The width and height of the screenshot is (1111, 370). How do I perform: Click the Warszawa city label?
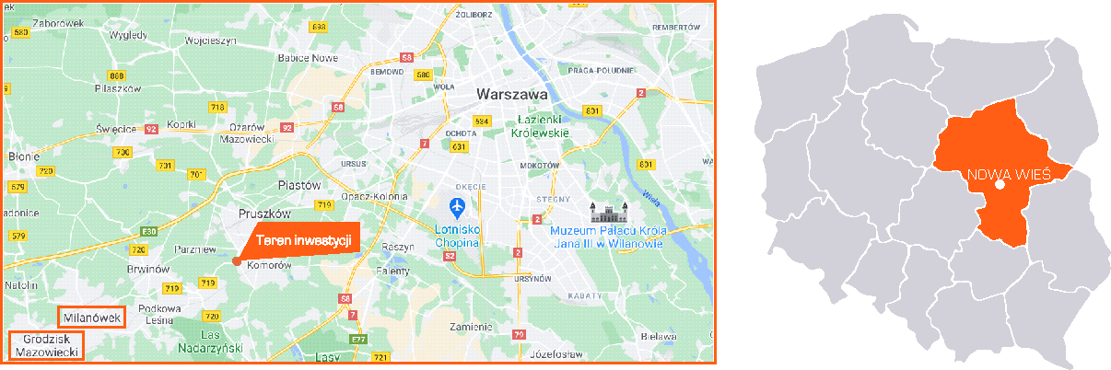click(511, 94)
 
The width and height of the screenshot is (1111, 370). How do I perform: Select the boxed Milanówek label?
click(92, 318)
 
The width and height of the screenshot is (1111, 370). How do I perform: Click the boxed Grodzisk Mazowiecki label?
click(45, 345)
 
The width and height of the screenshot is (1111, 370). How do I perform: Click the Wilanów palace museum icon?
click(606, 212)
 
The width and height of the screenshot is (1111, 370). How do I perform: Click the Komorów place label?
click(270, 265)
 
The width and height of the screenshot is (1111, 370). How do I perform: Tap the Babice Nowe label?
click(304, 57)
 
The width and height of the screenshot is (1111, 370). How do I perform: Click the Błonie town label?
click(22, 156)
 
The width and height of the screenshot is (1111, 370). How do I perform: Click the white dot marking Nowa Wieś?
click(1000, 185)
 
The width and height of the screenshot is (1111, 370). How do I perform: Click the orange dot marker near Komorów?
click(237, 262)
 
